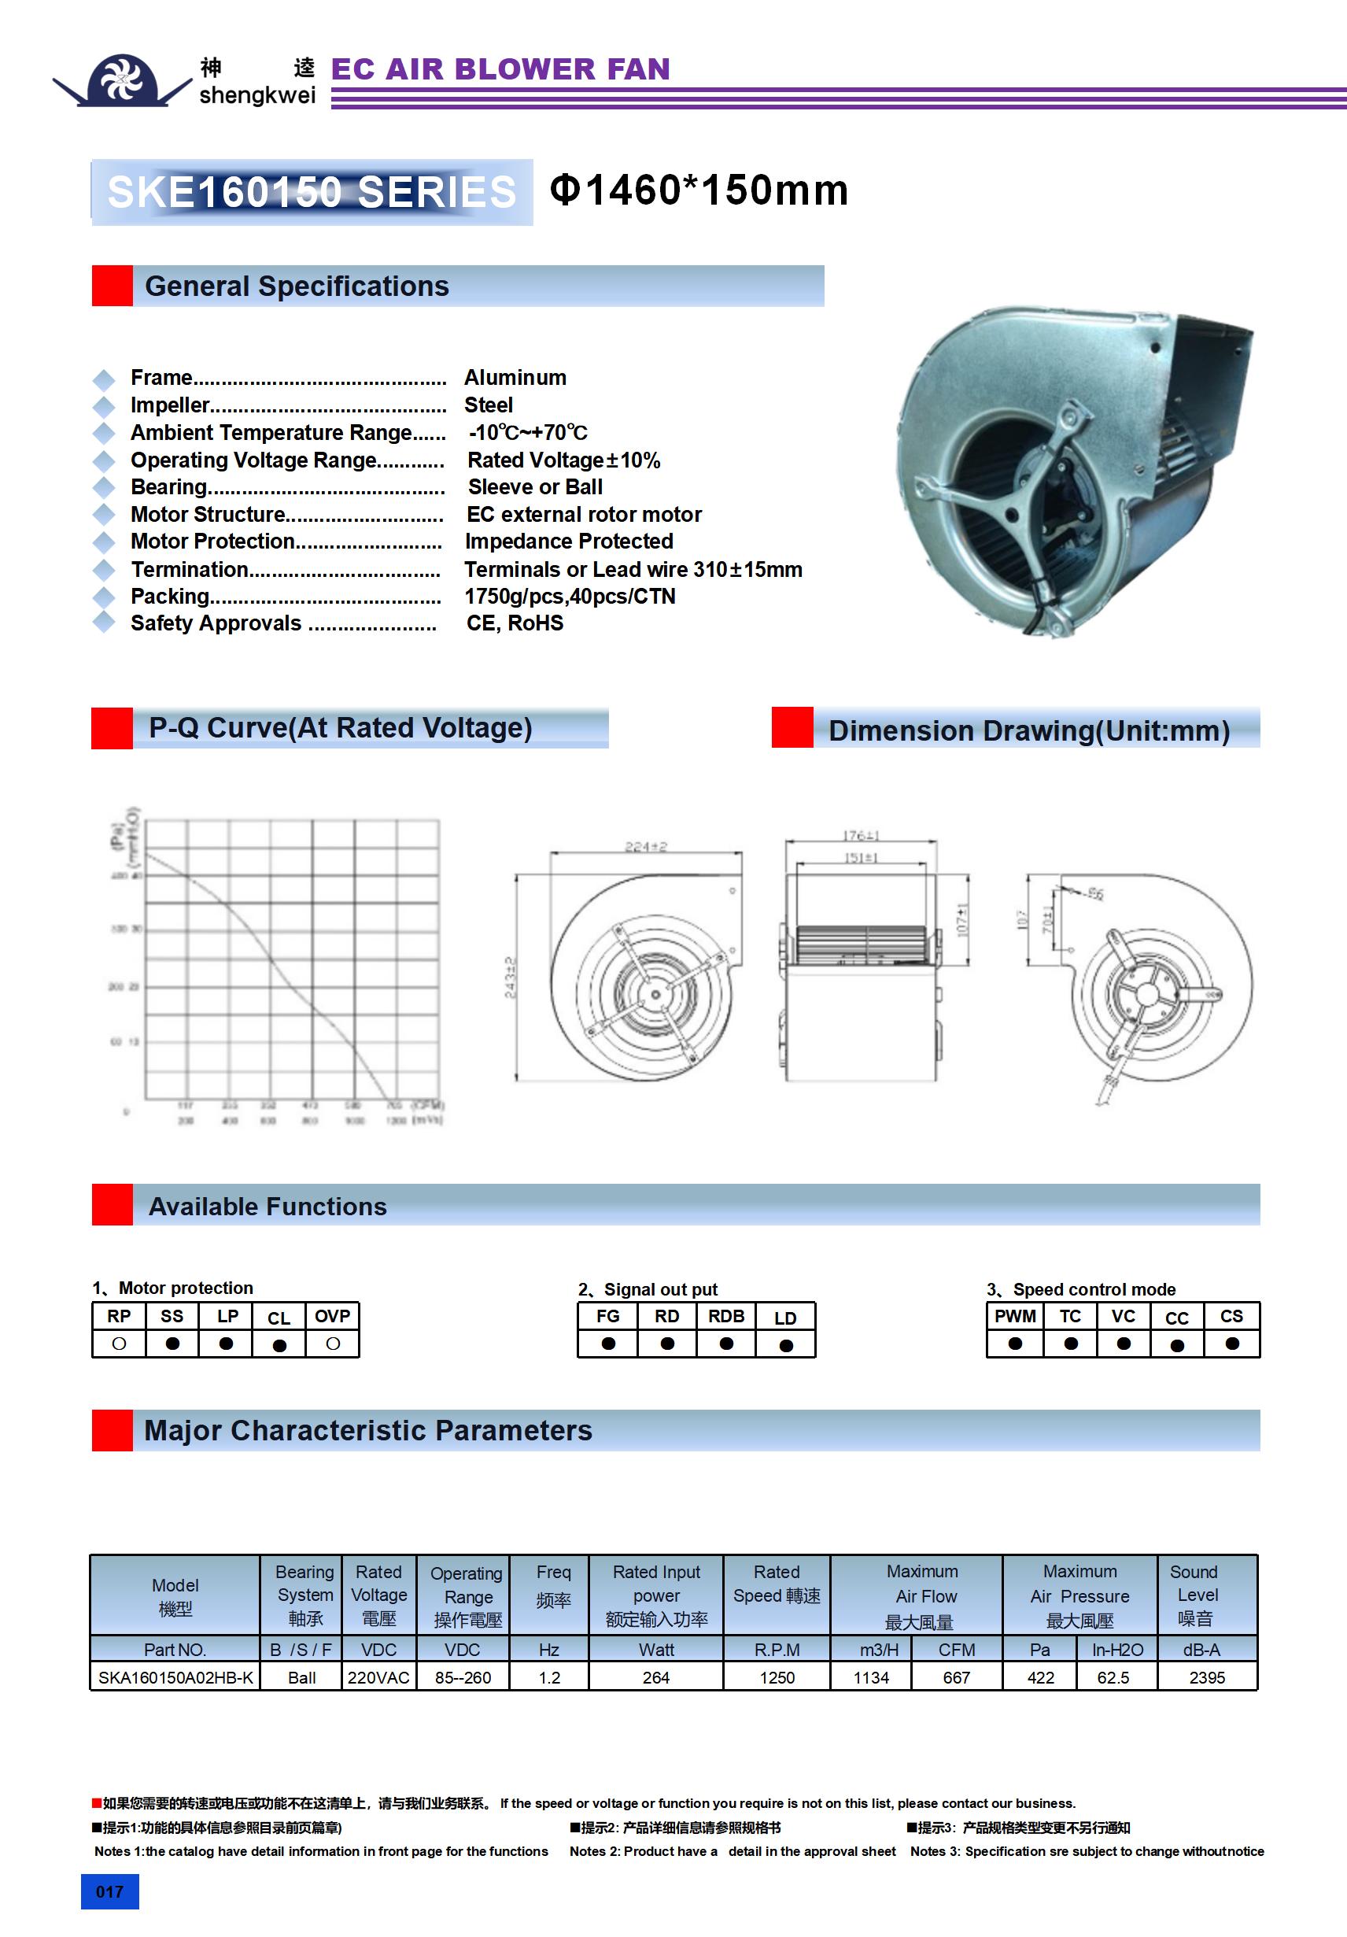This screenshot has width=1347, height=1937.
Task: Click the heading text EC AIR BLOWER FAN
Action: [x=500, y=69]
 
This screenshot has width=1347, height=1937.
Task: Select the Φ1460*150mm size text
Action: [x=699, y=190]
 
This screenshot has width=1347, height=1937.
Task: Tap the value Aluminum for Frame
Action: [x=515, y=377]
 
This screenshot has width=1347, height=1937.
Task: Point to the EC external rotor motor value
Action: [x=584, y=514]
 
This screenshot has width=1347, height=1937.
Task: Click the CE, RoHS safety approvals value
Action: [x=515, y=623]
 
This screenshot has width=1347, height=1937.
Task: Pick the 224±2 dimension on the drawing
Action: [x=645, y=846]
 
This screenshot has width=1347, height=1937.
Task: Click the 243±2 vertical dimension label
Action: [x=509, y=977]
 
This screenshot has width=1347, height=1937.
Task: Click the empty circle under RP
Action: [x=119, y=1343]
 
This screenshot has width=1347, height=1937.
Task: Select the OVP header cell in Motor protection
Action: [x=332, y=1316]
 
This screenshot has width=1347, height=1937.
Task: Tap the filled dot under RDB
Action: [x=726, y=1343]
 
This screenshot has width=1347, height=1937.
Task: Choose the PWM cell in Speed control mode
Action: [x=1015, y=1316]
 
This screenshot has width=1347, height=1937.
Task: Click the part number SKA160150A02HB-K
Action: [x=175, y=1677]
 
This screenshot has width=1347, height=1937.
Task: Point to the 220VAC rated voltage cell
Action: [x=378, y=1677]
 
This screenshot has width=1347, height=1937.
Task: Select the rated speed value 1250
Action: [x=777, y=1677]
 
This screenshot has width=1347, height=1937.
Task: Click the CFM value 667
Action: [x=957, y=1677]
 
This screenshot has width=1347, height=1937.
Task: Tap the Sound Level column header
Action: [x=1195, y=1595]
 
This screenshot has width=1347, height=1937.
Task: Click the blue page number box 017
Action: [x=109, y=1891]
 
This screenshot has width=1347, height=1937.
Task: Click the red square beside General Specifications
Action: [x=113, y=285]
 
